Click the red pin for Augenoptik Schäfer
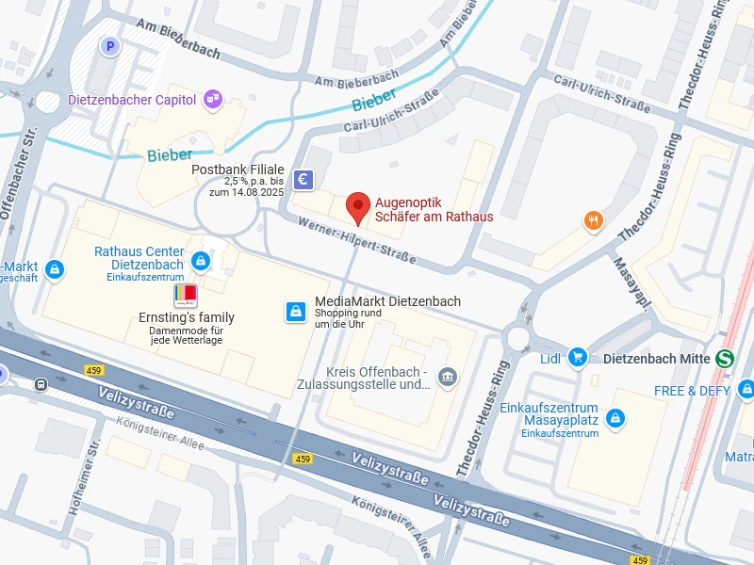click(x=357, y=205)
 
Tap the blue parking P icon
click(x=110, y=45)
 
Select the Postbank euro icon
click(x=303, y=179)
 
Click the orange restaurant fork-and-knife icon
click(x=593, y=221)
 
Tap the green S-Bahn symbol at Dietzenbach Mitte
click(x=725, y=359)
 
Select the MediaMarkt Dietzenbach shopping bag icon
click(x=296, y=311)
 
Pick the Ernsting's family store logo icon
click(x=187, y=296)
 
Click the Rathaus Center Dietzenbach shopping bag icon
click(x=200, y=260)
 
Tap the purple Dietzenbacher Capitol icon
click(x=213, y=99)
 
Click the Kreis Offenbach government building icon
click(x=448, y=377)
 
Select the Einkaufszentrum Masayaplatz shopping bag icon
click(x=615, y=417)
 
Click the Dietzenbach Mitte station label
click(x=656, y=359)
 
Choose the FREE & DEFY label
click(x=694, y=390)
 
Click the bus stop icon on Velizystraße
click(x=41, y=384)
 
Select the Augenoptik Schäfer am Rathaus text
click(x=434, y=209)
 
